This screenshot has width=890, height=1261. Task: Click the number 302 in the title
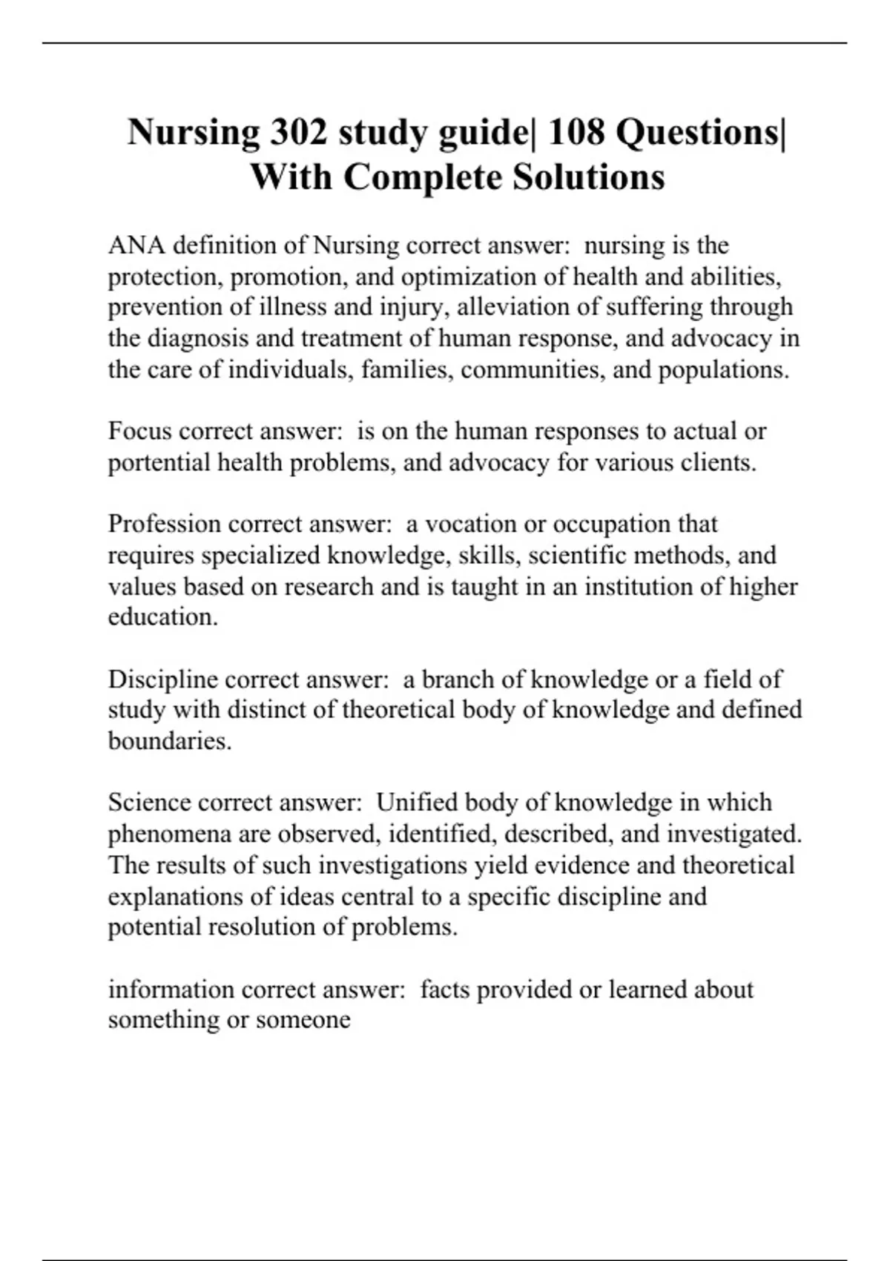[x=297, y=133]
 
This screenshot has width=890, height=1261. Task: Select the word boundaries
[x=170, y=741]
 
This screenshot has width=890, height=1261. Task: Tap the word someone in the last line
[x=303, y=1020]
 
